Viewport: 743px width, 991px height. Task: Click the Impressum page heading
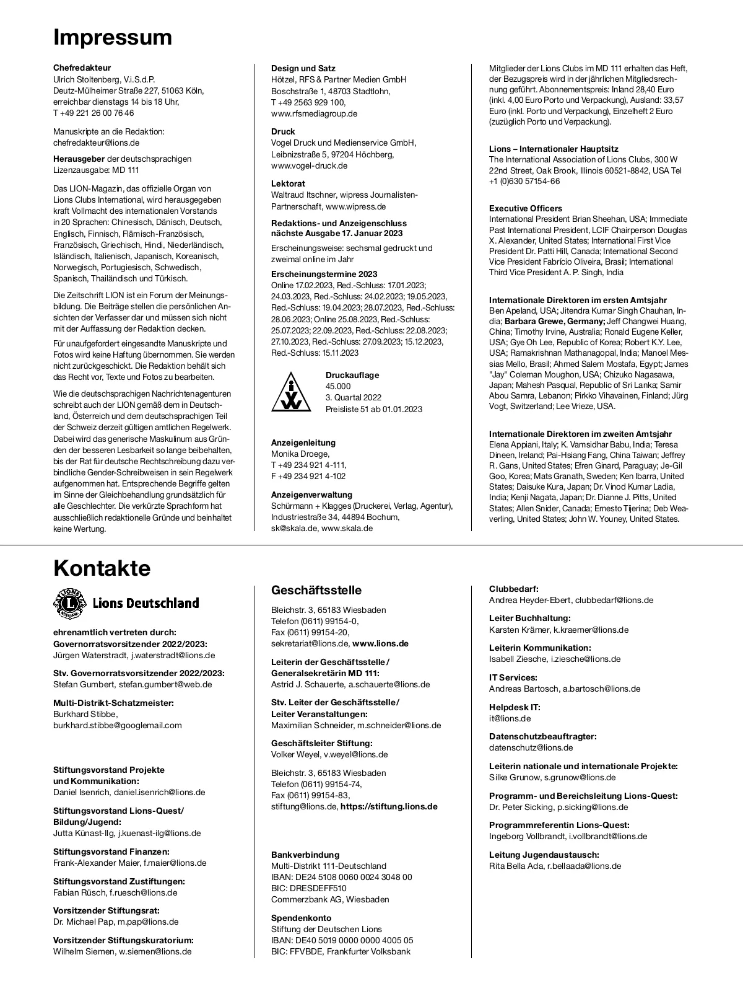[x=113, y=37]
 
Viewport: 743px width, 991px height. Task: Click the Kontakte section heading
[x=102, y=568]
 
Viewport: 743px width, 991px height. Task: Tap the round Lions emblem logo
[x=71, y=604]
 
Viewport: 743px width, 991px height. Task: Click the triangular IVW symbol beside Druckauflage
[x=291, y=392]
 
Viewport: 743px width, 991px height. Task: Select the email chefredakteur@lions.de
[x=96, y=143]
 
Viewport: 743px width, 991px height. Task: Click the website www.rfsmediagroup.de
[x=314, y=113]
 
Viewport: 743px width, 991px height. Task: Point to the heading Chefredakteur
[x=82, y=68]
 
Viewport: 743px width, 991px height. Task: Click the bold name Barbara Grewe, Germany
[x=555, y=321]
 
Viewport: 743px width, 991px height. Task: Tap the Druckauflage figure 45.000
[x=338, y=386]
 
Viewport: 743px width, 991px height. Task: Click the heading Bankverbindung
[x=305, y=855]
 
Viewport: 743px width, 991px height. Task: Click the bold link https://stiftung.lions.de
[x=389, y=806]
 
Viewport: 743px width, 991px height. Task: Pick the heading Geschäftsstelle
[x=316, y=590]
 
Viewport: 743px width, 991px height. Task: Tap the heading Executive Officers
[x=526, y=208]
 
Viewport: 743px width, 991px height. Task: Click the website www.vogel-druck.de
[x=309, y=165]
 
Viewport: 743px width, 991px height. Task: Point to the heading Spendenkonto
[x=302, y=918]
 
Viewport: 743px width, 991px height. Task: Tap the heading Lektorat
[x=288, y=183]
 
